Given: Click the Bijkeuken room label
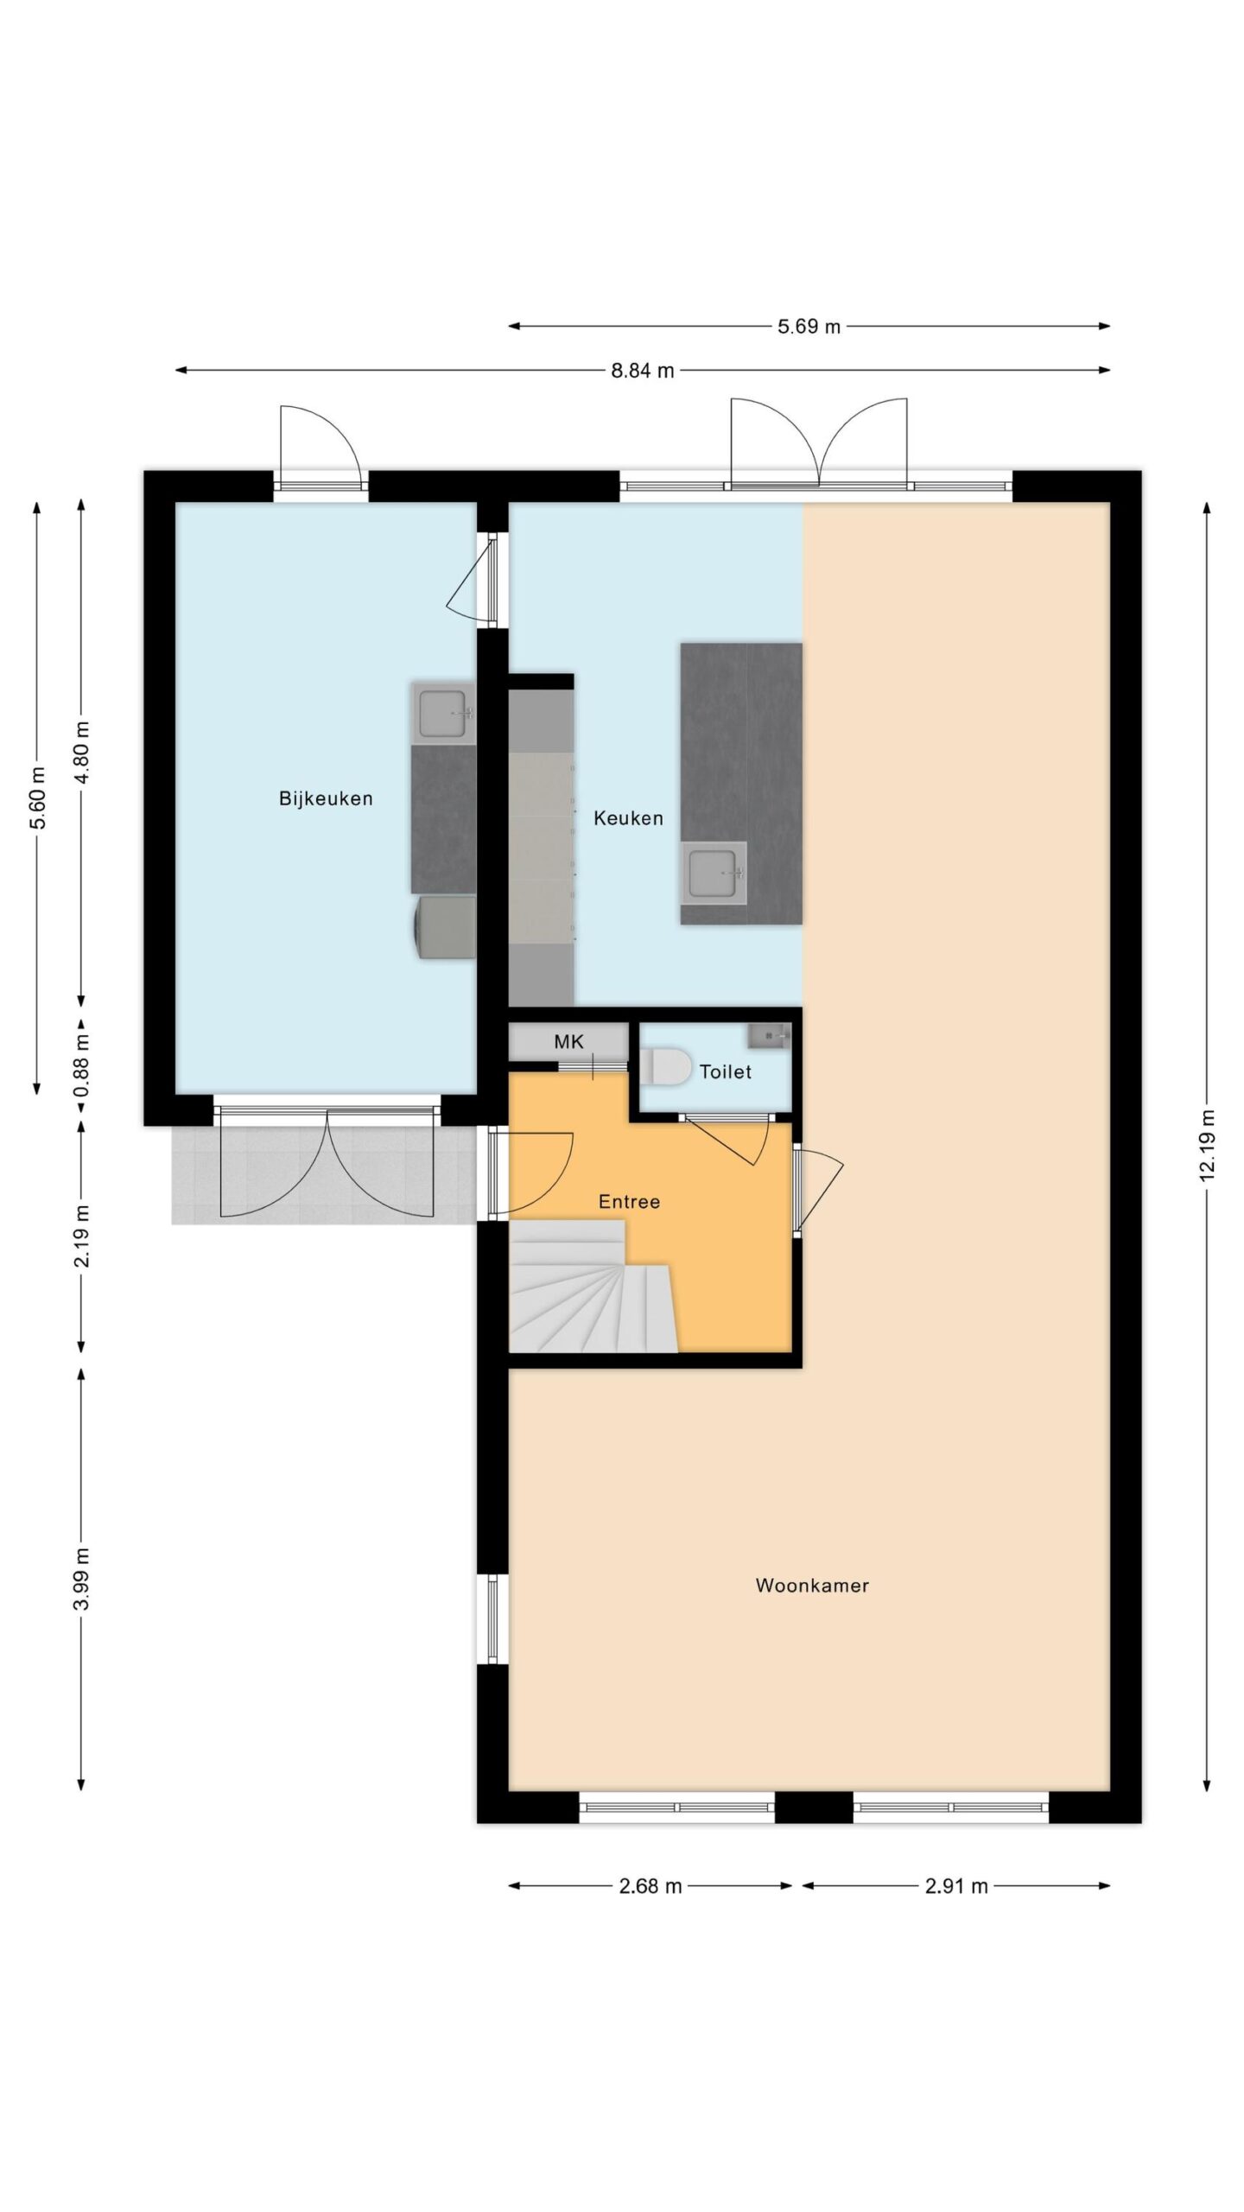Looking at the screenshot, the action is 326,799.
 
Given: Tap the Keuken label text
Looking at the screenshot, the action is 628,818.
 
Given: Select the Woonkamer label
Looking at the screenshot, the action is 812,1586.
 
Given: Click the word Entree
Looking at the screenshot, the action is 629,1202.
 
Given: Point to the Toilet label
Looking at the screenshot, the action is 726,1072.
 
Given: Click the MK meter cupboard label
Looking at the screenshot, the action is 568,1042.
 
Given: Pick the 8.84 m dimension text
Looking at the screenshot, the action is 643,371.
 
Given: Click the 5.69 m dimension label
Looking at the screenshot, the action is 809,327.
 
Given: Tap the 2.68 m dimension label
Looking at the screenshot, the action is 651,1886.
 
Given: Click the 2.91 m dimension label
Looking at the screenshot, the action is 956,1886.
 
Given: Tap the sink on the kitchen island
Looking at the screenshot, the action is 714,873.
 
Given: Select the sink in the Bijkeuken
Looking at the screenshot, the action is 443,713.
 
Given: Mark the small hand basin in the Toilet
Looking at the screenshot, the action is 769,1035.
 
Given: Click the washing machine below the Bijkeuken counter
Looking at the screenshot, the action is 446,927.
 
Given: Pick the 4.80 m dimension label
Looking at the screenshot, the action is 82,752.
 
